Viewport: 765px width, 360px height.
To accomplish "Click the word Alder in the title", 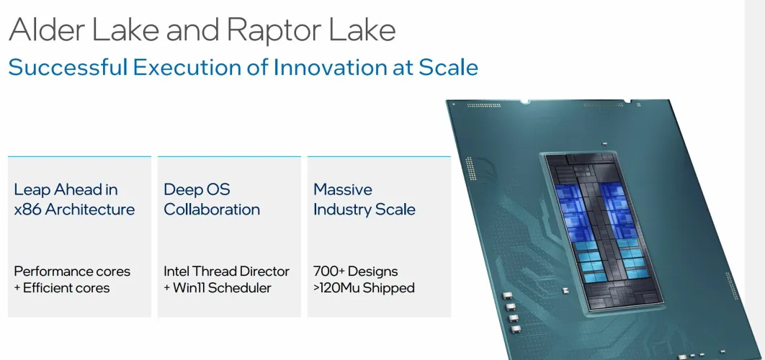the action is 48,30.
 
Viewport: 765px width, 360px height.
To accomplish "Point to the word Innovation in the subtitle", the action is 329,67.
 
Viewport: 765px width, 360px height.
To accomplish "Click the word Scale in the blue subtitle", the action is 448,67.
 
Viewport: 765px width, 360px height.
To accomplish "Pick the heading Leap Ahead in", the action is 66,189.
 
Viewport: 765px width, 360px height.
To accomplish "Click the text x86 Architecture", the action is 74,210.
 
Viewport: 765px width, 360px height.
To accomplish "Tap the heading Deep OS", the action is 197,189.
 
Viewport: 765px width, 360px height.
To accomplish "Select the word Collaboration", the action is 212,210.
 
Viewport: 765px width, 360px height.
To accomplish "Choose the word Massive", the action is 342,189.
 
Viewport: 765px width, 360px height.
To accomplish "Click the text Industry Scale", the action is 364,210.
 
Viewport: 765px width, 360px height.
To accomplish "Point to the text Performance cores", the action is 72,271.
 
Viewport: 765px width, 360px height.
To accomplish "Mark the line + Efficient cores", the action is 62,288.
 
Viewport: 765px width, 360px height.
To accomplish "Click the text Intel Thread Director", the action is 226,271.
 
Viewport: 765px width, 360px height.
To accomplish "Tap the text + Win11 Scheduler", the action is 217,288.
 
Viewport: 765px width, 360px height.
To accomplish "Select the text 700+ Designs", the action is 356,271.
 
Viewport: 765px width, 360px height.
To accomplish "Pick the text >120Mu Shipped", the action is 364,288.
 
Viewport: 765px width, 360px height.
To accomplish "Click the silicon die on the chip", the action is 604,232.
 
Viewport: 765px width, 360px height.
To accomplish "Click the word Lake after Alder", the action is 125,30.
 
